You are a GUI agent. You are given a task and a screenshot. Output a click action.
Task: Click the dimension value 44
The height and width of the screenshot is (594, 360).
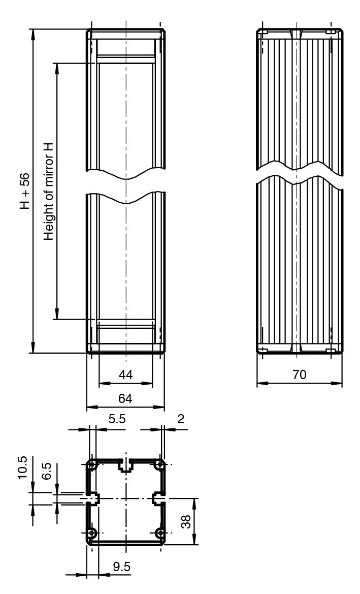[x=125, y=375]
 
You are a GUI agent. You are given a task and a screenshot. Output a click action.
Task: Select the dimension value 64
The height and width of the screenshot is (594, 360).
[x=125, y=399]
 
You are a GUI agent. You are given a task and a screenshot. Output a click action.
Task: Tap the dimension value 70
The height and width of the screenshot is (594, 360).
[x=300, y=375]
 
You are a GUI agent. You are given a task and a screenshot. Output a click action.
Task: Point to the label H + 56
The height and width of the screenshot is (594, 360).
[x=24, y=191]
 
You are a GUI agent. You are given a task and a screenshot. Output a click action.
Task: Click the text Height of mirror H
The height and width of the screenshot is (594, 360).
[x=49, y=191]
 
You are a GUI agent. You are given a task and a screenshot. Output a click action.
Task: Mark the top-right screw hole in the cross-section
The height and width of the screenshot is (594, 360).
[x=160, y=465]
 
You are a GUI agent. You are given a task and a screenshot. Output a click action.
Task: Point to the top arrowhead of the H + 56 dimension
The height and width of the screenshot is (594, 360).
[x=33, y=34]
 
